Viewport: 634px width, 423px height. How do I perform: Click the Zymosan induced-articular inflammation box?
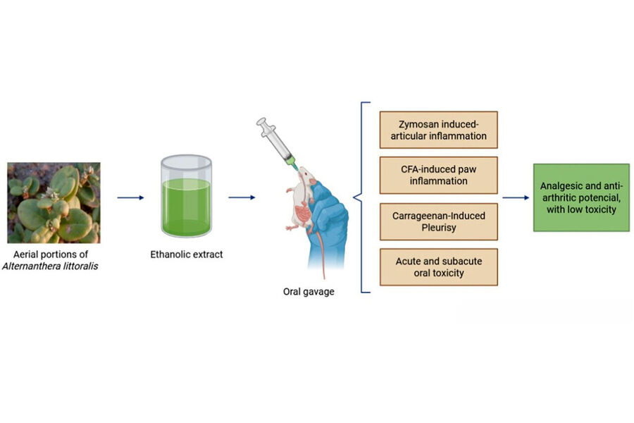pos(438,129)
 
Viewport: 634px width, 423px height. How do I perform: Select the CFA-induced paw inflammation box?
pos(438,175)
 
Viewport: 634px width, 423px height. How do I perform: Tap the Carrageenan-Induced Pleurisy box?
pos(438,221)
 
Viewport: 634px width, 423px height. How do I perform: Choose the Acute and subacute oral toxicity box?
pos(438,266)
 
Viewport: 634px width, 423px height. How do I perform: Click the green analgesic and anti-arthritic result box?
pos(580,197)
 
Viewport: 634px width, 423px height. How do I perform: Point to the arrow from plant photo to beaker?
pos(130,198)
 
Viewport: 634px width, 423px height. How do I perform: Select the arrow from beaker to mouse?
pos(242,198)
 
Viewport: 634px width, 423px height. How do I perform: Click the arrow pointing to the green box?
pos(516,198)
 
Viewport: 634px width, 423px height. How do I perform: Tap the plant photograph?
pos(54,202)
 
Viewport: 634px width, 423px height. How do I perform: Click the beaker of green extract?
pos(186,197)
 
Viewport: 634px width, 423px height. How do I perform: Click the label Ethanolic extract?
pos(187,255)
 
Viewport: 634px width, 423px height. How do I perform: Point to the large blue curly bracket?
pos(363,197)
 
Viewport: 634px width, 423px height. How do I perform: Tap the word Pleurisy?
pos(438,227)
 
